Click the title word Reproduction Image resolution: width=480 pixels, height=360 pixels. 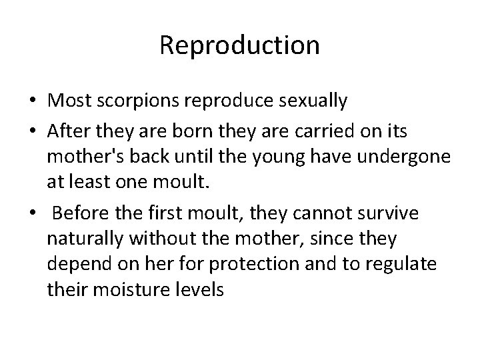(x=240, y=46)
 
